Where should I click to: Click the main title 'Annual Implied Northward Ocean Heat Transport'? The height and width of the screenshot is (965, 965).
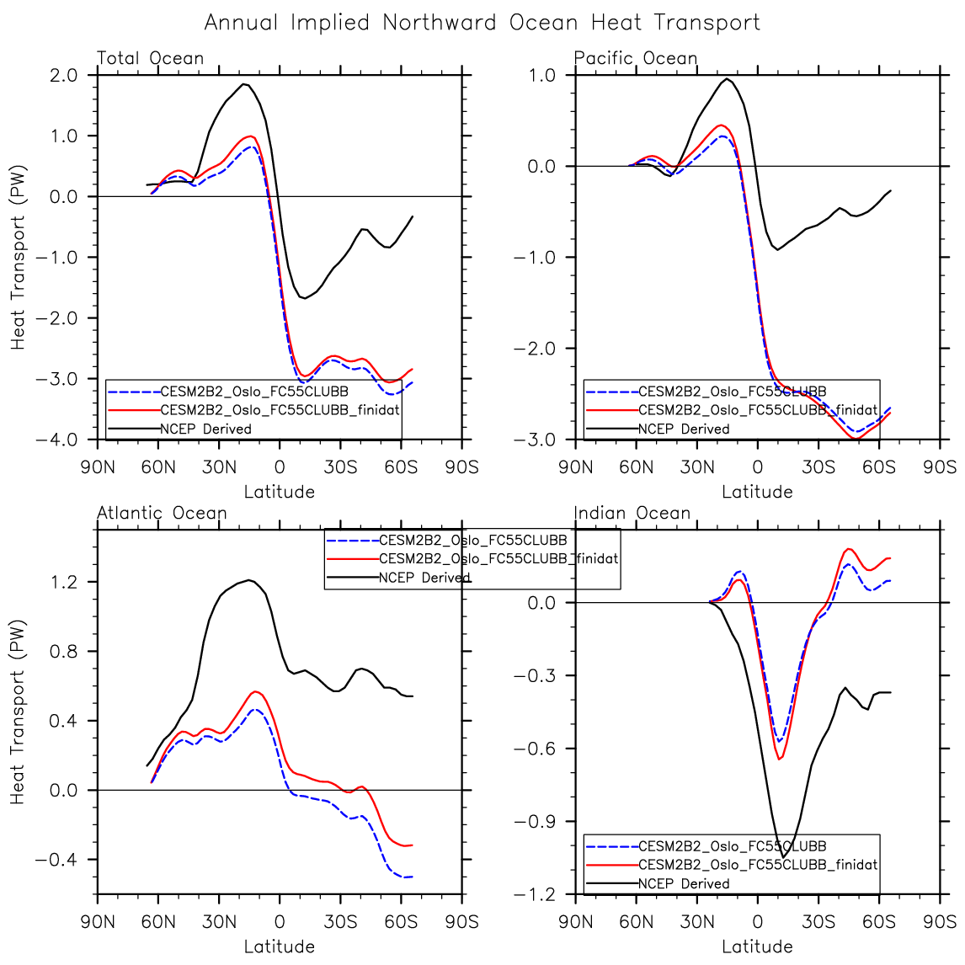482,23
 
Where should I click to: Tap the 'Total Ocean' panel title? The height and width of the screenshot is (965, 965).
150,58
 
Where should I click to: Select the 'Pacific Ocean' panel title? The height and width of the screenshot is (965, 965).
636,58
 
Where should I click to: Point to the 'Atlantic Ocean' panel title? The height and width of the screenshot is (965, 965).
162,513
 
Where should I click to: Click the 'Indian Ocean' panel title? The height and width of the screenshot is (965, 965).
632,513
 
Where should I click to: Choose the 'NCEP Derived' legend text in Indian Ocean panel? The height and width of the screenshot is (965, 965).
684,883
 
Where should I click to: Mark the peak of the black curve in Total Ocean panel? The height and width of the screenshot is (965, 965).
244,83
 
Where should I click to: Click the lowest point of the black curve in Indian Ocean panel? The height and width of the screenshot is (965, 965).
783,857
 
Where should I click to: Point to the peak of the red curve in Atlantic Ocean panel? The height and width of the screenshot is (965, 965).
255,691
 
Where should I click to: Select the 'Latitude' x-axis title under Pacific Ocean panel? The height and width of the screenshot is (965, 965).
757,492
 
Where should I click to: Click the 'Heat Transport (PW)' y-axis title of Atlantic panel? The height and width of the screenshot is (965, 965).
19,712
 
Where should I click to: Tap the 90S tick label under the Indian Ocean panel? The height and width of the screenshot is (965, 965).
940,921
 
